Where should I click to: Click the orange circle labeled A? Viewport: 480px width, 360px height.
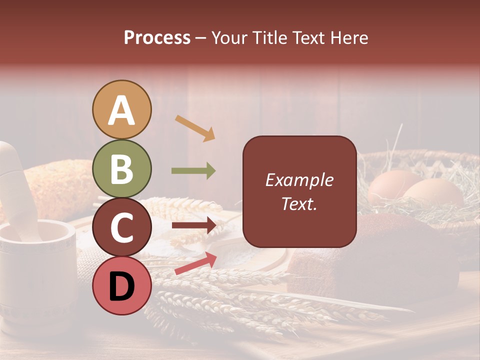pyautogui.click(x=122, y=109)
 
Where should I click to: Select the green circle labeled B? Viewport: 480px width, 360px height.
pyautogui.click(x=122, y=168)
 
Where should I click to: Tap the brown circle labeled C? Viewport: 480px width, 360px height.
pyautogui.click(x=122, y=227)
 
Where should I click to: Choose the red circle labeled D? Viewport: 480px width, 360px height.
pyautogui.click(x=122, y=285)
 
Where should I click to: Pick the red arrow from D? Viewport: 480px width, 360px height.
pyautogui.click(x=195, y=263)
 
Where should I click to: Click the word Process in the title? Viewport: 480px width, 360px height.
pyautogui.click(x=157, y=37)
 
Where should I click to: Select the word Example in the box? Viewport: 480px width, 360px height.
pyautogui.click(x=299, y=180)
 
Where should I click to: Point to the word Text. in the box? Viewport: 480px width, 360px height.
pyautogui.click(x=299, y=203)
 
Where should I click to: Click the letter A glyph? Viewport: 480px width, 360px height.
pyautogui.click(x=122, y=110)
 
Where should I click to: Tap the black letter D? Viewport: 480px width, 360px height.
pyautogui.click(x=122, y=286)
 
